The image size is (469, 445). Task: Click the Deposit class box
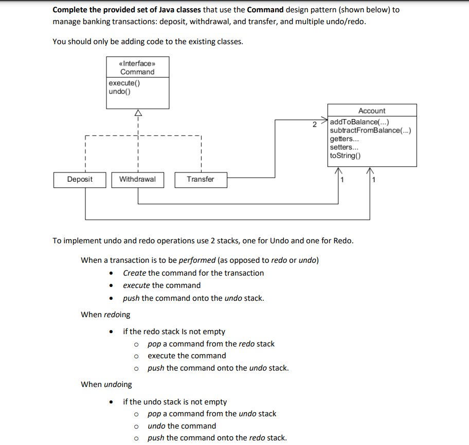80,180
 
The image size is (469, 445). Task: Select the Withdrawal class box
137,180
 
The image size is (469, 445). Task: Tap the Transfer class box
201,180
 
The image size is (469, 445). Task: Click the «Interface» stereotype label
137,63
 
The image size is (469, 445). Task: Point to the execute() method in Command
120,83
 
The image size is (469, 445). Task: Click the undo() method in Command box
119,92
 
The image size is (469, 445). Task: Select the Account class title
371,110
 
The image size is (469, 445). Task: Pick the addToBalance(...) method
359,122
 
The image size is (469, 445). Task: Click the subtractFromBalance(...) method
370,130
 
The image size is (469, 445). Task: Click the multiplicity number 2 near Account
315,124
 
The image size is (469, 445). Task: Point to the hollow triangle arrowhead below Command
137,113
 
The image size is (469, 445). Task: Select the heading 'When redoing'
105,314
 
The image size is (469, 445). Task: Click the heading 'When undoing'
106,384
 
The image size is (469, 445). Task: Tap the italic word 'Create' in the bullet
134,273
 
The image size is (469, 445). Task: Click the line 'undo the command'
182,425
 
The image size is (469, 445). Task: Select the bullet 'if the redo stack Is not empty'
174,332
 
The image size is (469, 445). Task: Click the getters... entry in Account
344,139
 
